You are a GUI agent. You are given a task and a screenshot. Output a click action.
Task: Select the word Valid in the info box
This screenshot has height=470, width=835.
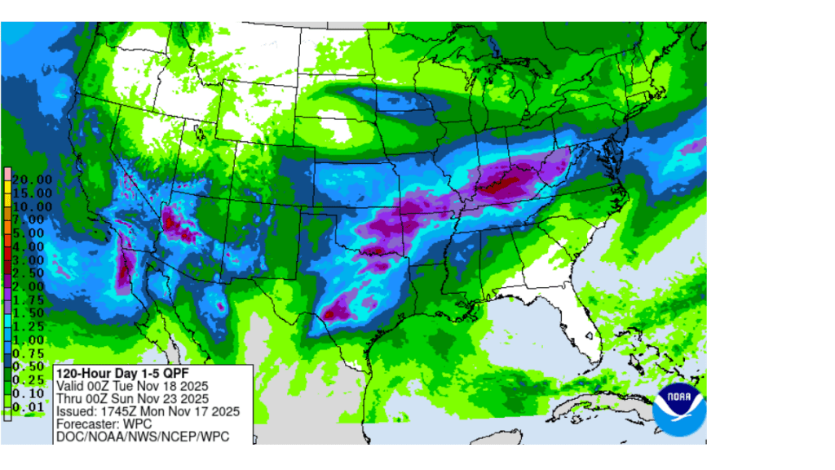tap(70, 385)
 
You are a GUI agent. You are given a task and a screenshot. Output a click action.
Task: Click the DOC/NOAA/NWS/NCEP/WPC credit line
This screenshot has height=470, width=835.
tap(141, 437)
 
